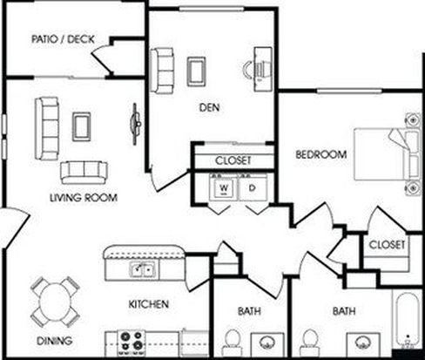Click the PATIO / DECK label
pyautogui.click(x=63, y=39)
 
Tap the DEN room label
pyautogui.click(x=209, y=107)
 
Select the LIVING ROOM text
pyautogui.click(x=84, y=198)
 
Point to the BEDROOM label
pyautogui.click(x=321, y=154)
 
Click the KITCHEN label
pyautogui.click(x=149, y=304)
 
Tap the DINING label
pyautogui.click(x=55, y=341)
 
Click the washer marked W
pyautogui.click(x=224, y=187)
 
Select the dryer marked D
pyautogui.click(x=253, y=187)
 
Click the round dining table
pyautogui.click(x=55, y=302)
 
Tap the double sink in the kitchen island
pyautogui.click(x=142, y=269)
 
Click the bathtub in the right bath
pyautogui.click(x=407, y=319)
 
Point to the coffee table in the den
pyautogui.click(x=197, y=71)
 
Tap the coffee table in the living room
pyautogui.click(x=82, y=126)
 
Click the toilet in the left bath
pyautogui.click(x=233, y=342)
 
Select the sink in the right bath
pyautogui.click(x=362, y=343)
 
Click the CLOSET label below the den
pyautogui.click(x=233, y=160)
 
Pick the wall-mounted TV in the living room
pyautogui.click(x=135, y=124)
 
